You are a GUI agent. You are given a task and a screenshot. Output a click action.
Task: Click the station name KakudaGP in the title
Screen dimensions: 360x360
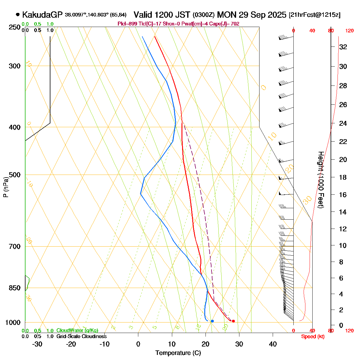tap(42, 15)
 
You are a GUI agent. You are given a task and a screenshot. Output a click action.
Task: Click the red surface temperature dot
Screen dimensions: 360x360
tap(233, 321)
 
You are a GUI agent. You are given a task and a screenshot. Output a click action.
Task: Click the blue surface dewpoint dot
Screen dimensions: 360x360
tap(212, 321)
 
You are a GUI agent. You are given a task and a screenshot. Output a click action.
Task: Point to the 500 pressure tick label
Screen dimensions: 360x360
tap(15, 175)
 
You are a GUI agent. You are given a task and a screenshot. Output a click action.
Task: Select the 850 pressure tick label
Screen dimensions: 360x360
tap(15, 288)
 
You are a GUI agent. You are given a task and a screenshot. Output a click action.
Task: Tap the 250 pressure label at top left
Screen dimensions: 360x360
tap(15, 28)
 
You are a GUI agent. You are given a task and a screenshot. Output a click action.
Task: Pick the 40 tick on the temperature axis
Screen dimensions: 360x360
tap(273, 344)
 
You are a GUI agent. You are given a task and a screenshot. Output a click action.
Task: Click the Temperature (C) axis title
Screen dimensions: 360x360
tap(178, 353)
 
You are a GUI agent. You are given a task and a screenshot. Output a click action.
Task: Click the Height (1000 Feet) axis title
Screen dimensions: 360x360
tap(320, 180)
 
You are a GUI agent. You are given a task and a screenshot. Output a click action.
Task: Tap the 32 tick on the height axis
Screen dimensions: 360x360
tap(343, 47)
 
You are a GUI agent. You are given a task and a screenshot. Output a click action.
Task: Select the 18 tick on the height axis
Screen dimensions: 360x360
tap(343, 178)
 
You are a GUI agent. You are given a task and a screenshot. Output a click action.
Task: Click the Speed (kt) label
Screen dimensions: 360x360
tap(313, 337)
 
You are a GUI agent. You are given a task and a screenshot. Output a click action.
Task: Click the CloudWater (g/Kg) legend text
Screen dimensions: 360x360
tap(77, 331)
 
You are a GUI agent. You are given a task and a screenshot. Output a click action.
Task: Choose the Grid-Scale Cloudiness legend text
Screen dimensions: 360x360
tap(81, 337)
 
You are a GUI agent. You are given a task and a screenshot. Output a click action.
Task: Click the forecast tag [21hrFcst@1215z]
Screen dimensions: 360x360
tap(314, 15)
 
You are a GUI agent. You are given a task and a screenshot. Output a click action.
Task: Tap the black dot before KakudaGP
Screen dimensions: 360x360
tap(18, 14)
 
